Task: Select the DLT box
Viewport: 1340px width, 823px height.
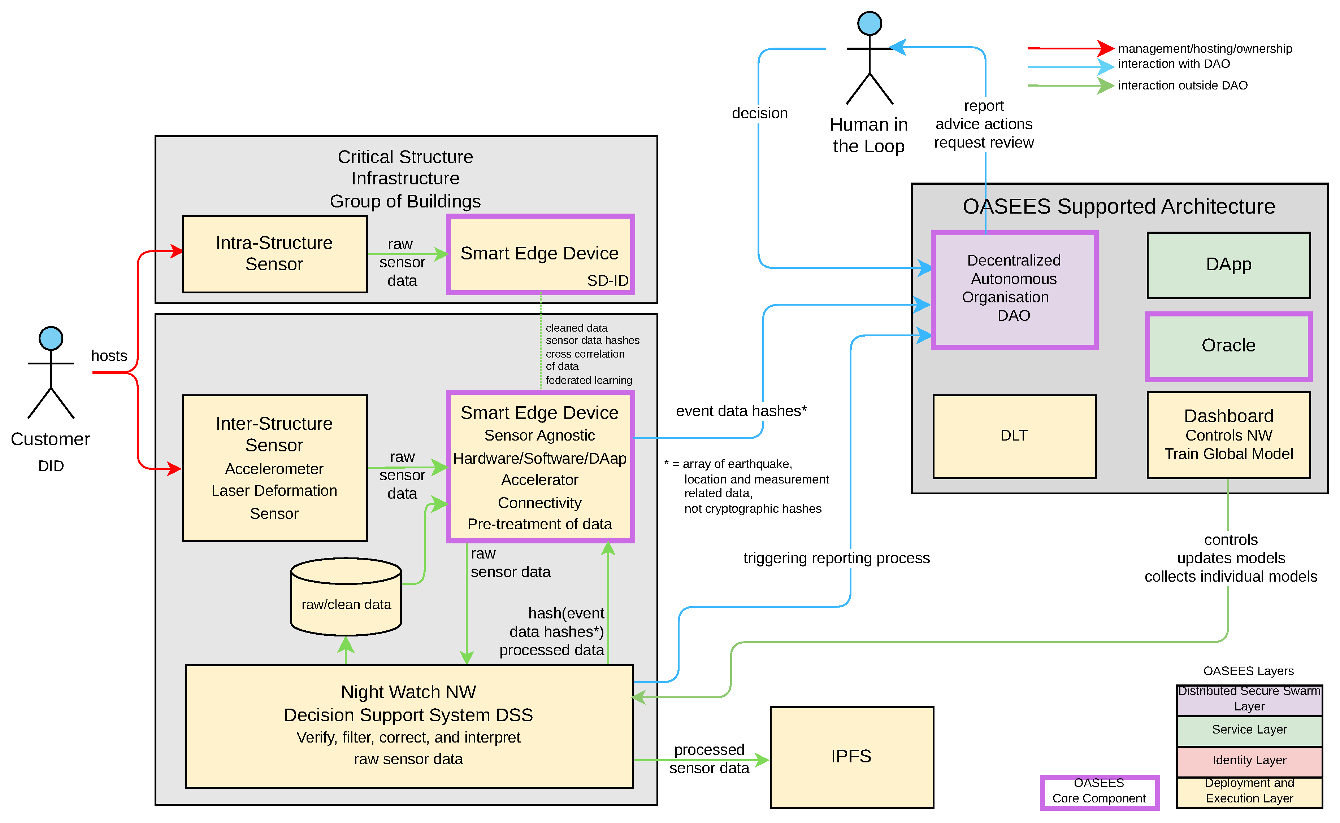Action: (x=1014, y=437)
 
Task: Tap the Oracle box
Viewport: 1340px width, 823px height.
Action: (x=1228, y=346)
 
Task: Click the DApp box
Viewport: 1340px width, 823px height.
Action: (x=1228, y=265)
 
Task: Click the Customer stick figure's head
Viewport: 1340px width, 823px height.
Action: (x=51, y=338)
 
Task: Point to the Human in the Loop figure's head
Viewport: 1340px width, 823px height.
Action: (x=870, y=23)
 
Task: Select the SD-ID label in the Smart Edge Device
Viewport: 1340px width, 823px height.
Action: (x=607, y=281)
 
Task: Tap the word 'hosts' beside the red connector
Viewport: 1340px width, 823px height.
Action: (x=109, y=356)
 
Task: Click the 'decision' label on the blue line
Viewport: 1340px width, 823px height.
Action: (x=759, y=113)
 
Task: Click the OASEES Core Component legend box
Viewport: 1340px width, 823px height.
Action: (x=1099, y=792)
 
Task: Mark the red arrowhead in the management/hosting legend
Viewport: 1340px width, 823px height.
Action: (x=1105, y=48)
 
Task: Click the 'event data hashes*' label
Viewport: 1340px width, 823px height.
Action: (x=741, y=411)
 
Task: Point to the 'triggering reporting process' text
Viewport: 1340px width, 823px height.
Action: (x=836, y=559)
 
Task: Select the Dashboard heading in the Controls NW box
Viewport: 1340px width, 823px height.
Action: (x=1228, y=416)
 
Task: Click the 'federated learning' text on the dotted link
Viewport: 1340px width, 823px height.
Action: (x=589, y=381)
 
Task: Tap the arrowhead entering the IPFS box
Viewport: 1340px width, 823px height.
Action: (x=763, y=761)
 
